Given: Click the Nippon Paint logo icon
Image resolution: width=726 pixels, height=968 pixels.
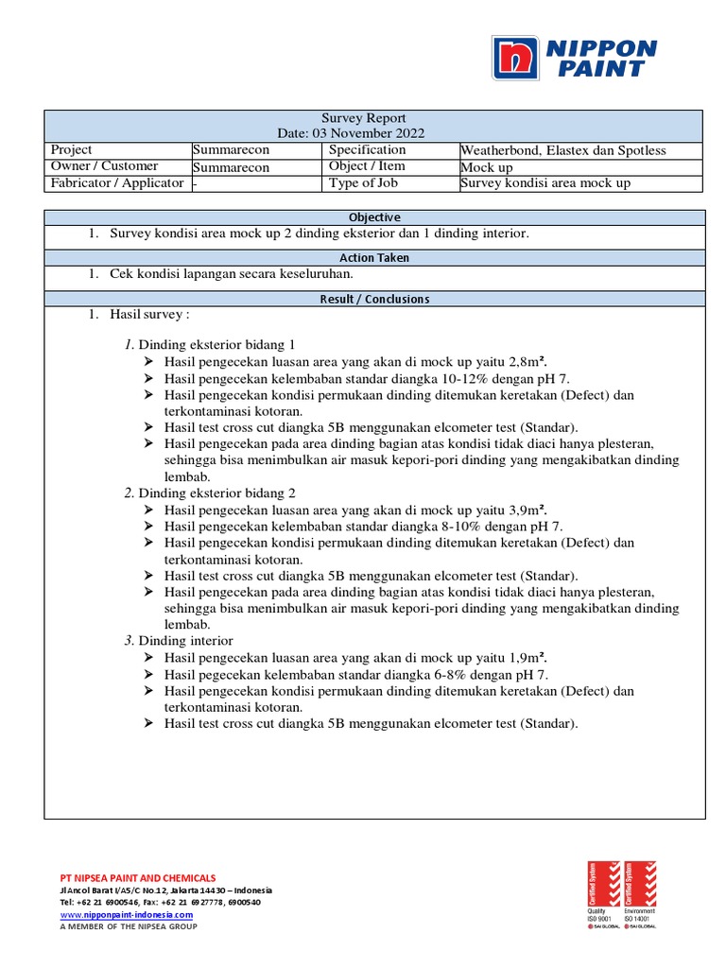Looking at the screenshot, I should (x=514, y=59).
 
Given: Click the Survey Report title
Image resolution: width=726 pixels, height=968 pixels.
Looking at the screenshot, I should (x=364, y=118).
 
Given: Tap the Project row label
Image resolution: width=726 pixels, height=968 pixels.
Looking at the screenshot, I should (x=72, y=150).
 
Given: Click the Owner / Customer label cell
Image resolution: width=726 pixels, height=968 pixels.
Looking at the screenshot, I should (x=104, y=166).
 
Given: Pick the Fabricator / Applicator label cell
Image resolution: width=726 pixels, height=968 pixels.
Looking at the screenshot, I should (x=117, y=183).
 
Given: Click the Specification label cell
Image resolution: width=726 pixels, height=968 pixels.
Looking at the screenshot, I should (x=367, y=150).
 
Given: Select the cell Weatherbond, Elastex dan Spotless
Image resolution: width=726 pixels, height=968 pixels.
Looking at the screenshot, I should (x=562, y=150).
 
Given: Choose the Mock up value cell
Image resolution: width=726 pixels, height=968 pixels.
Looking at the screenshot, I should (x=487, y=166).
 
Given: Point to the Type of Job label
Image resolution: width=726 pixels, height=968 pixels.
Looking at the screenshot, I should (x=366, y=183).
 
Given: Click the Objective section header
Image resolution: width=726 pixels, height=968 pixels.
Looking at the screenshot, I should (x=374, y=217).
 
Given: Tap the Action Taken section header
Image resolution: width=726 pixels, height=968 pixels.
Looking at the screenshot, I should (x=374, y=257).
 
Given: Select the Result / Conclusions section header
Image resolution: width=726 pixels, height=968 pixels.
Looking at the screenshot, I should (x=374, y=299).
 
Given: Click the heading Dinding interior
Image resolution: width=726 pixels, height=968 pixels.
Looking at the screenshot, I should (x=185, y=641).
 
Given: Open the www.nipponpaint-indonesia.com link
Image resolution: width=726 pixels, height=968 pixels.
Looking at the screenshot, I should (x=127, y=915).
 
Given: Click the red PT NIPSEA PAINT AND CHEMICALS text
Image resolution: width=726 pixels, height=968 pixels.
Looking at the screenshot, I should (x=138, y=878).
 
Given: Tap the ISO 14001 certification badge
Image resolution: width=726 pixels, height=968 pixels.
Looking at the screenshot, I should (x=640, y=893).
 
